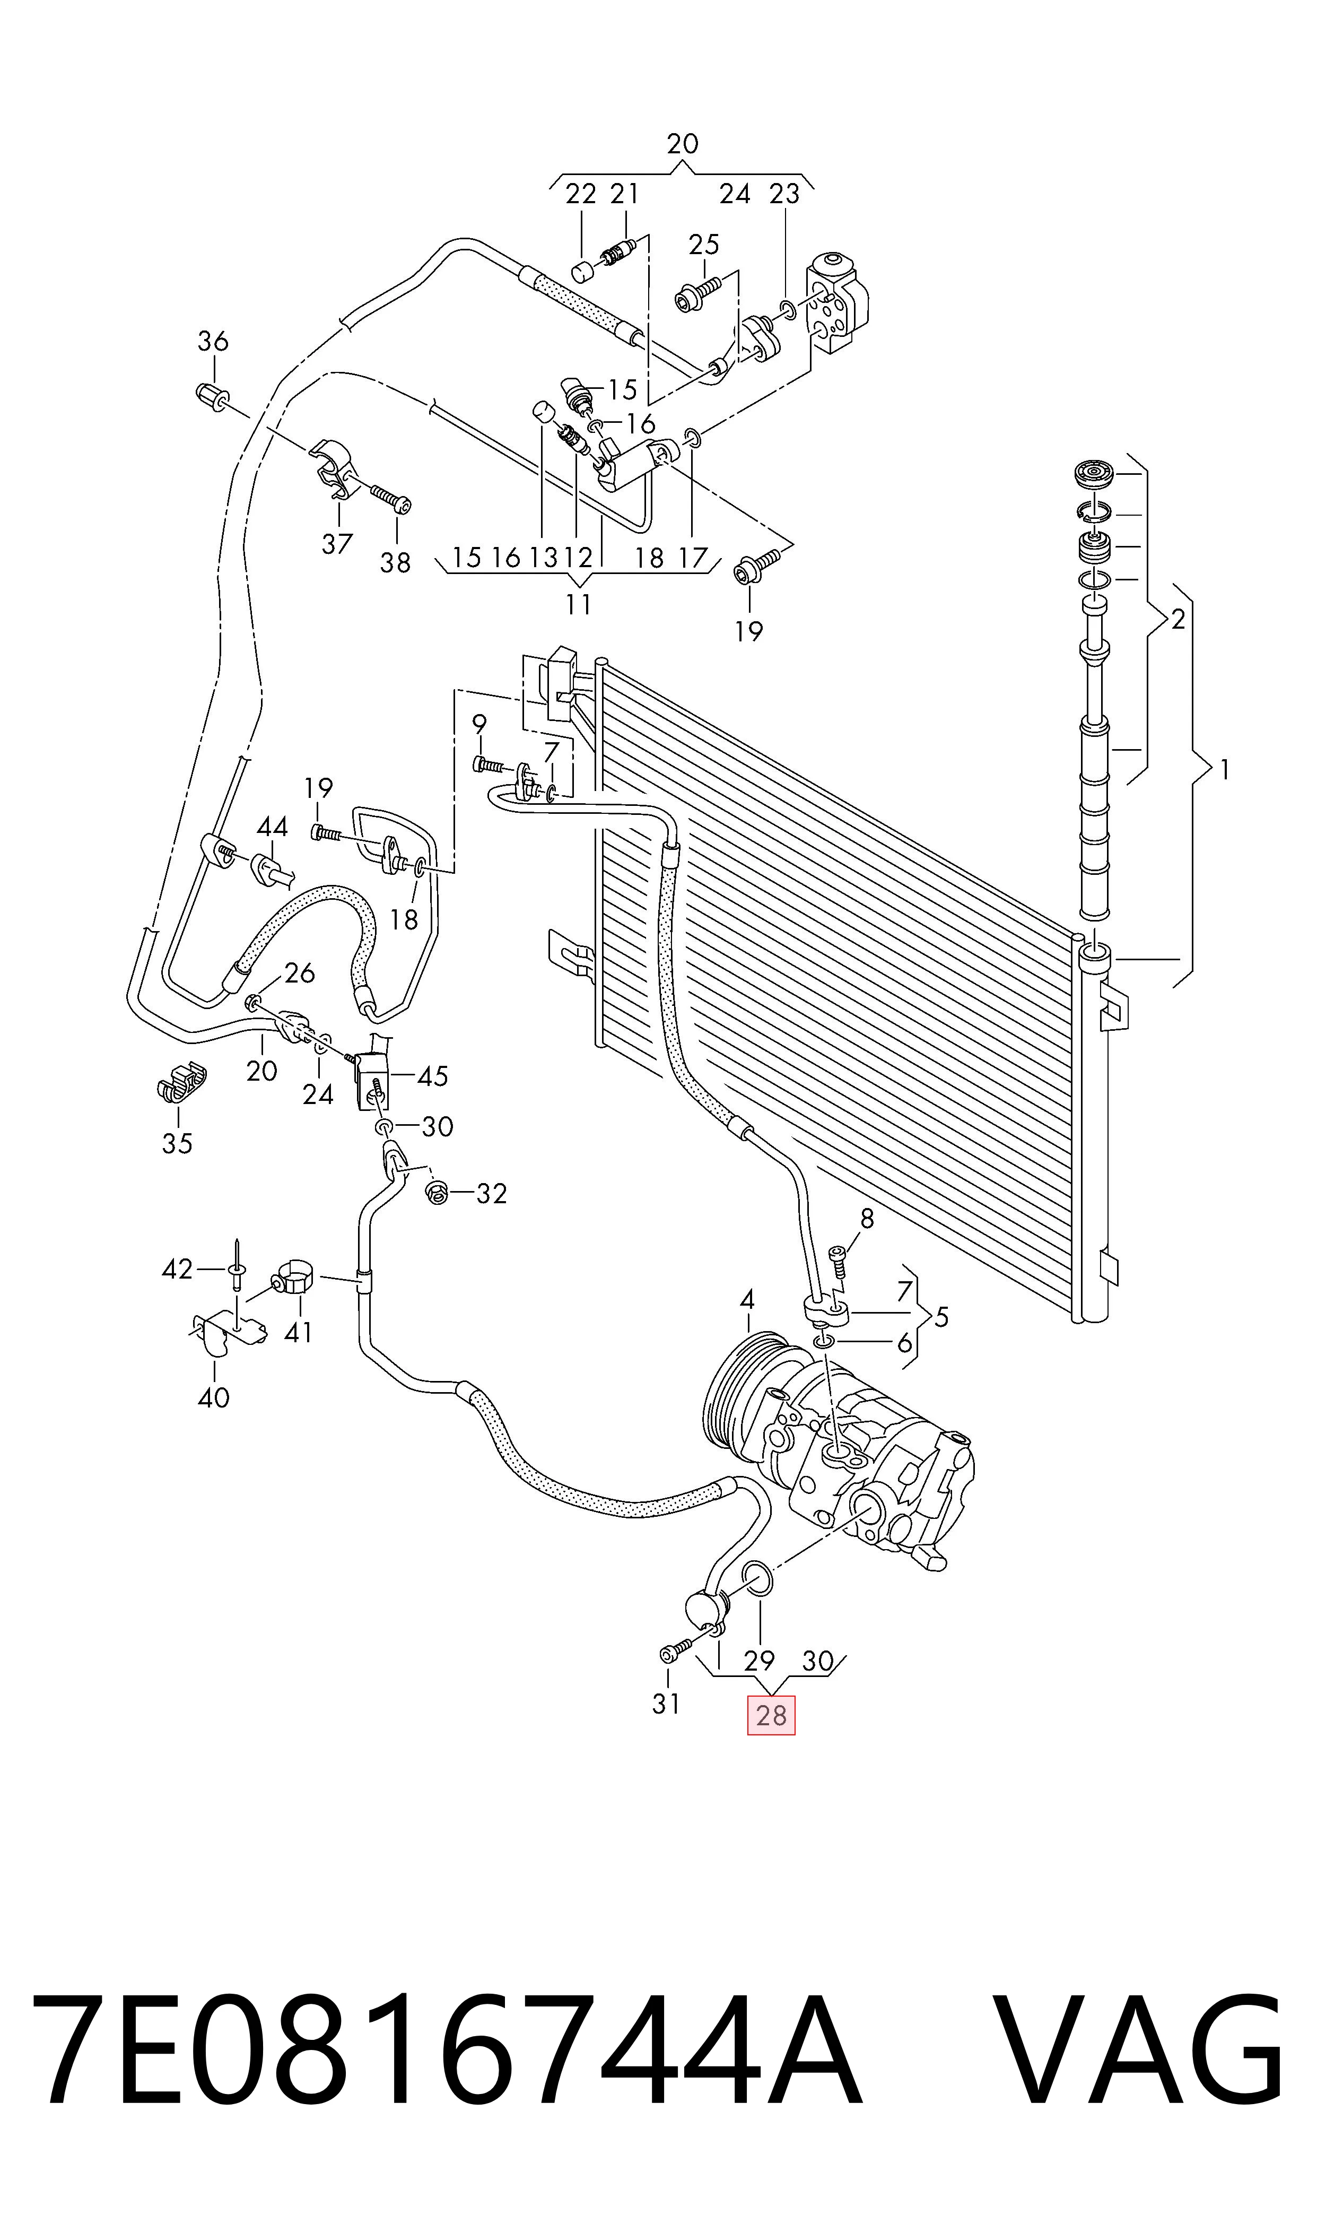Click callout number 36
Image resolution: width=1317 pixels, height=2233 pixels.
coord(213,341)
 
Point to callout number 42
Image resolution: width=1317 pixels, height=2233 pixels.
coord(178,1269)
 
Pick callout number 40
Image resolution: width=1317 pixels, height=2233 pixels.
coord(214,1398)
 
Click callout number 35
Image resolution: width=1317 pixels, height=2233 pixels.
coord(178,1143)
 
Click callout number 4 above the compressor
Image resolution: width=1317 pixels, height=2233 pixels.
coord(747,1300)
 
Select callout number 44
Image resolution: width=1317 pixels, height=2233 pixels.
coord(273,827)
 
